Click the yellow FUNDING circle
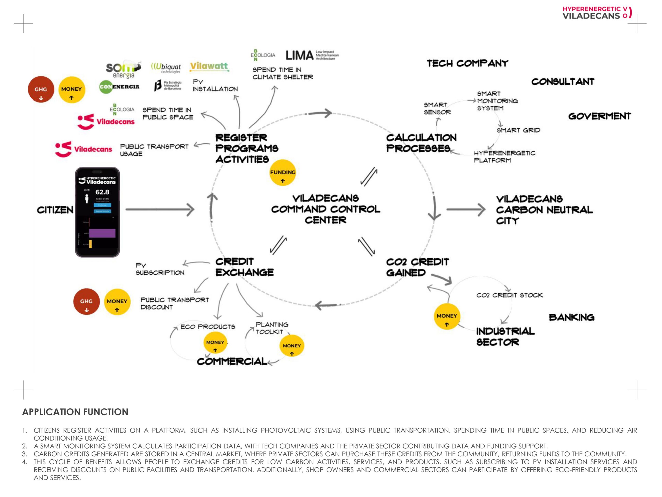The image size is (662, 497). (x=283, y=173)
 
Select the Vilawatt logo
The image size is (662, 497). (x=209, y=67)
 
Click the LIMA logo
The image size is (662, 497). (x=312, y=55)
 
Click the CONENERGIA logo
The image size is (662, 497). (x=119, y=87)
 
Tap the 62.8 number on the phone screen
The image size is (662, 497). (x=102, y=192)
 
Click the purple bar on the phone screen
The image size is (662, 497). (x=102, y=233)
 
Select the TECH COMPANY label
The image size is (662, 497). (x=467, y=63)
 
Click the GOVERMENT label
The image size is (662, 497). (x=599, y=116)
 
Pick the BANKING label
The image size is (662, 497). (x=571, y=317)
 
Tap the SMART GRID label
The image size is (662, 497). (x=518, y=130)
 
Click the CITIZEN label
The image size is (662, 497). (x=55, y=210)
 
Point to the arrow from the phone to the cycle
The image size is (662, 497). (x=160, y=209)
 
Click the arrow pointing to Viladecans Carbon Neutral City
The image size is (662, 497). (x=466, y=209)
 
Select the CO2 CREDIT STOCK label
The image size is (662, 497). (x=509, y=295)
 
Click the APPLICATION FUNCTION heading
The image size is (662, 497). (x=75, y=412)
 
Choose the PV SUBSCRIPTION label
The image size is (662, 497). (x=160, y=269)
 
